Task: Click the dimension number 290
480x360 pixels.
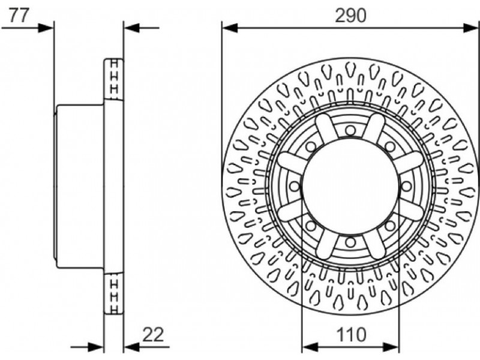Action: point(350,16)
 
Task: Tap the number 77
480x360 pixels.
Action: point(19,16)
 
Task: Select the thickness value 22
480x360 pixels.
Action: point(154,335)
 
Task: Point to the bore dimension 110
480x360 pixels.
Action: point(351,335)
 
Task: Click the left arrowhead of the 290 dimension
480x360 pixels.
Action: point(230,28)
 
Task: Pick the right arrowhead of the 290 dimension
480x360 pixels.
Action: point(472,28)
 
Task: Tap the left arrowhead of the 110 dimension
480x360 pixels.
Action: point(310,347)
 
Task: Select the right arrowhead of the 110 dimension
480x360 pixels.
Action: point(392,347)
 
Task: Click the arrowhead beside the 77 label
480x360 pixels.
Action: point(46,28)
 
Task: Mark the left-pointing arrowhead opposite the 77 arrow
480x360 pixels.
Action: point(131,28)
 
